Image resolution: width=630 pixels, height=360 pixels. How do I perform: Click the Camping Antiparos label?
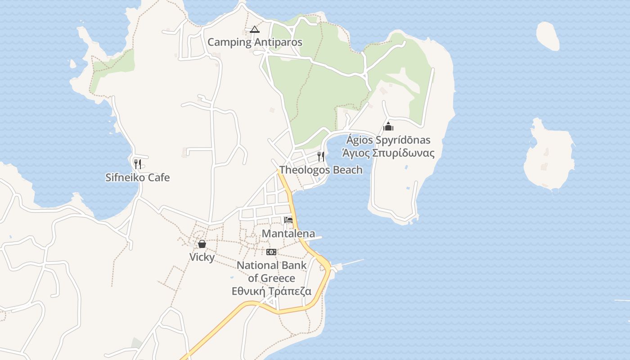pyautogui.click(x=255, y=42)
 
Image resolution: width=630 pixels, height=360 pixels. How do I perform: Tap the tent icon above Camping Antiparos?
pyautogui.click(x=255, y=30)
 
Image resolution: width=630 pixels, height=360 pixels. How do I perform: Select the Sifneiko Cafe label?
pyautogui.click(x=137, y=177)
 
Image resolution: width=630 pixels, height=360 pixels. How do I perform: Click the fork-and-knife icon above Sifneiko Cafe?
pyautogui.click(x=138, y=164)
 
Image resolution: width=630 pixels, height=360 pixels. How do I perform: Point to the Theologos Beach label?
pyautogui.click(x=320, y=170)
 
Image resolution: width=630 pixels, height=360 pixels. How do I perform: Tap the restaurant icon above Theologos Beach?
pyautogui.click(x=321, y=156)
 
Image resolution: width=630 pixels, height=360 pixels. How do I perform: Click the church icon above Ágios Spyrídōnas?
pyautogui.click(x=388, y=126)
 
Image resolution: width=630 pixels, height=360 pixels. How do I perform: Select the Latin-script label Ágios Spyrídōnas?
pyautogui.click(x=388, y=140)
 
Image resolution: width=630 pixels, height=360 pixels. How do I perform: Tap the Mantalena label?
pyautogui.click(x=288, y=234)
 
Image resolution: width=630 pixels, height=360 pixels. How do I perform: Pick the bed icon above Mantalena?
pyautogui.click(x=288, y=220)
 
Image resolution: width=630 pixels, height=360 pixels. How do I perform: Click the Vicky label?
pyautogui.click(x=202, y=257)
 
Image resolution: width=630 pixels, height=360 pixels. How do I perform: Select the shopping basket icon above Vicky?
pyautogui.click(x=202, y=244)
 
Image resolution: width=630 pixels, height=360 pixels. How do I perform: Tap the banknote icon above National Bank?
pyautogui.click(x=271, y=252)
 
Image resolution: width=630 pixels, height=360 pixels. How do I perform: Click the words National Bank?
pyautogui.click(x=271, y=265)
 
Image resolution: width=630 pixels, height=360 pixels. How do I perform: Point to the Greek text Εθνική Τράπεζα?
pyautogui.click(x=271, y=291)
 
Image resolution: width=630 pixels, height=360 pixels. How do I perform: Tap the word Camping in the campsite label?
pyautogui.click(x=229, y=42)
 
